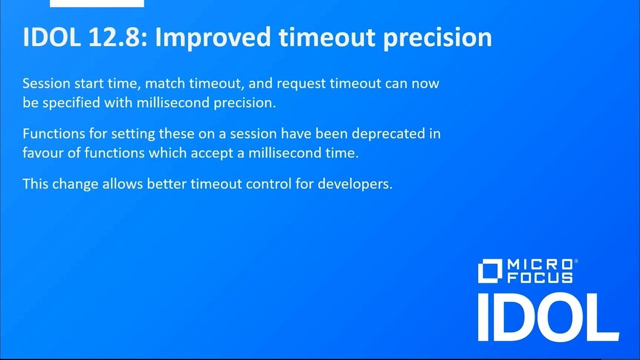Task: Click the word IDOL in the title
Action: click(x=50, y=37)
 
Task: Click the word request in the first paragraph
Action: click(x=301, y=83)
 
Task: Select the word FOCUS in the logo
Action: click(x=540, y=277)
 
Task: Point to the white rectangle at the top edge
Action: click(x=97, y=3)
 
